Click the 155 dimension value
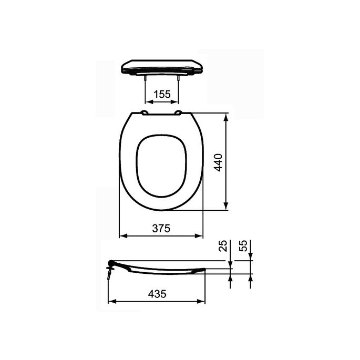[x=162, y=95]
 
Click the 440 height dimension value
[x=218, y=162]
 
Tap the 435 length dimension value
[x=156, y=295]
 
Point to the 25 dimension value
[x=223, y=246]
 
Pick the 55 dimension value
[x=243, y=246]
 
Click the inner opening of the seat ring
[x=161, y=166]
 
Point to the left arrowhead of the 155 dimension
[x=147, y=102]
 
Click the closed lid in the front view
[x=161, y=66]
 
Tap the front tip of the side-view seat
[x=204, y=270]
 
